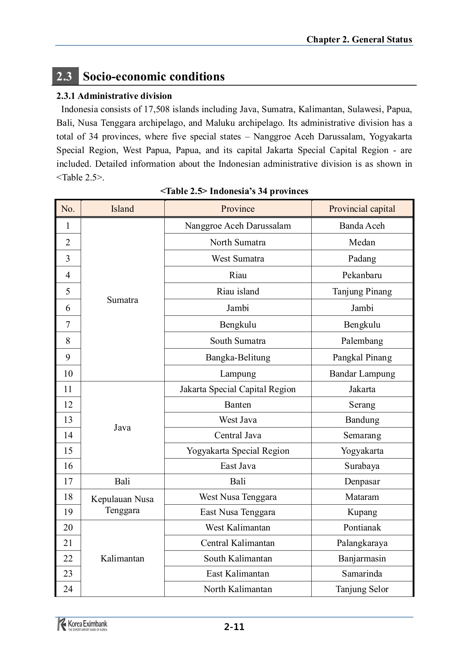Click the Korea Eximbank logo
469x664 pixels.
[83, 625]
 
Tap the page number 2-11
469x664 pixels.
[234, 627]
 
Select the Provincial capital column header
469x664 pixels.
[362, 209]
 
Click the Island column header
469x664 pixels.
[122, 209]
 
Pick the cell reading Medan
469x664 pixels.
[362, 242]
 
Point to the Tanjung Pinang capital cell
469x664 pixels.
[362, 291]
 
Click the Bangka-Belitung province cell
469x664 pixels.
[238, 357]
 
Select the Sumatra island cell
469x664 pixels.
[122, 300]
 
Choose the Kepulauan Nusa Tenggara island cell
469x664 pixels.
[122, 505]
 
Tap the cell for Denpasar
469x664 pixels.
[362, 481]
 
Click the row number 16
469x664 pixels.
[68, 466]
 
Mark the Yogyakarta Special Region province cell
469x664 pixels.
[238, 451]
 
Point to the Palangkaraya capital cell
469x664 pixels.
[362, 543]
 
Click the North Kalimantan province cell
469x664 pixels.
[238, 589]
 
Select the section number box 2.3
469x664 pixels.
[64, 77]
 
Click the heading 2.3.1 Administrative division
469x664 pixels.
[114, 96]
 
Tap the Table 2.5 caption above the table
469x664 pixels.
[234, 191]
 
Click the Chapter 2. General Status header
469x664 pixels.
[359, 40]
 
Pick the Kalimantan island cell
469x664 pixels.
[122, 558]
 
